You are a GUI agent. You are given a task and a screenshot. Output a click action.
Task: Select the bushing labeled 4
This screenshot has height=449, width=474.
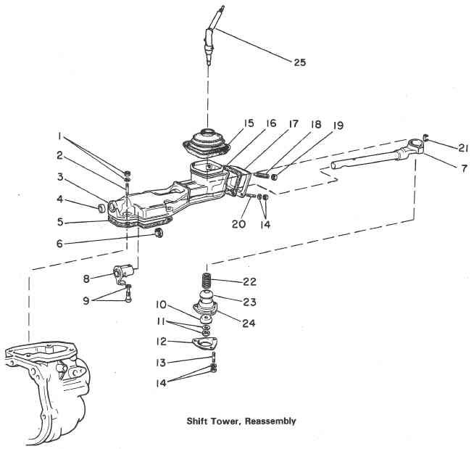[93, 210]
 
